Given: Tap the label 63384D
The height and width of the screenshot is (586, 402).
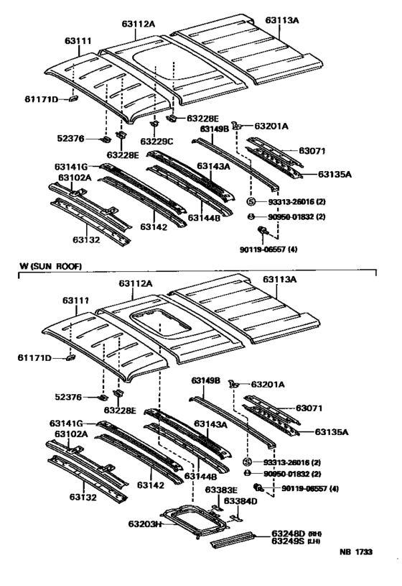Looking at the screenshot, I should [240, 500].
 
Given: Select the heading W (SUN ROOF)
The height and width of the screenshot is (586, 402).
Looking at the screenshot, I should [51, 267].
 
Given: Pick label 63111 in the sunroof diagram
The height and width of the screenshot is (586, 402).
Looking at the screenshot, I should [77, 300].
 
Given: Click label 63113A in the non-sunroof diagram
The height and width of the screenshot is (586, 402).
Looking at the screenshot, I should [281, 21].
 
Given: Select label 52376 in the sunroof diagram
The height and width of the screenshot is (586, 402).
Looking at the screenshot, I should [71, 396].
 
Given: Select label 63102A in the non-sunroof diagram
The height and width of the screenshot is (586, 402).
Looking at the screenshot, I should [73, 177].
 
